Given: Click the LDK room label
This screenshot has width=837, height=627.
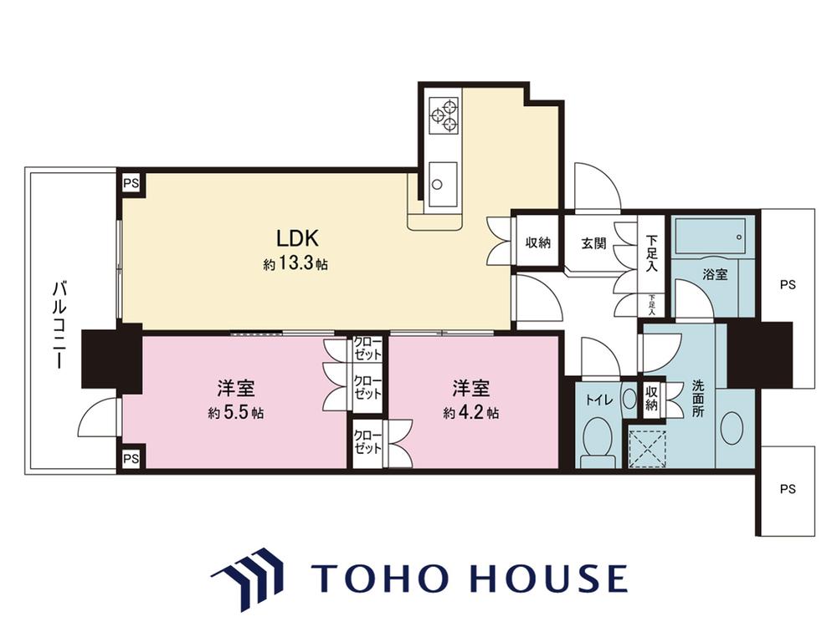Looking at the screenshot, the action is pos(297,237).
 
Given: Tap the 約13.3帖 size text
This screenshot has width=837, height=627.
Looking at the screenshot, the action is pos(295,264).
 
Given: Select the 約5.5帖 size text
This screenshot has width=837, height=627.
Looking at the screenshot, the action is pos(235,413).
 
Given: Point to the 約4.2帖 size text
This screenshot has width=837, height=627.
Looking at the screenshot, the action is pos(470,413).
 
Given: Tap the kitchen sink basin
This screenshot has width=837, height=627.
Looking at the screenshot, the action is pos(443,183).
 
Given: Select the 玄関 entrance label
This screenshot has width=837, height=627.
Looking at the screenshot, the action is pos(593,243).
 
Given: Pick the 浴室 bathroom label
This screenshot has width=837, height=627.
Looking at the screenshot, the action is pos(715,274).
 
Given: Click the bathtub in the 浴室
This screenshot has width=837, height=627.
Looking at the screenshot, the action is pos(711,235).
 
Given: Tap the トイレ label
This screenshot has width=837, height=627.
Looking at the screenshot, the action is pos(599,400).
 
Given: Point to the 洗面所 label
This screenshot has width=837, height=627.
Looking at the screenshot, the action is pos(698,398).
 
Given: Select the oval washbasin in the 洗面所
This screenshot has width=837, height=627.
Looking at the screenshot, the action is pos(732,427).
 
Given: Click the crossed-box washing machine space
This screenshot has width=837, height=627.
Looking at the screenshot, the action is pos(647,448).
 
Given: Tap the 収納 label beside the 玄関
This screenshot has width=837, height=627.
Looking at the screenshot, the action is pos(537,242).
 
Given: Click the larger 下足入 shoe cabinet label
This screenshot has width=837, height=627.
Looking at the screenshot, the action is pos(651,252).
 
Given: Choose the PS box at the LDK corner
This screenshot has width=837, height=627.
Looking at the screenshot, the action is pos(131,183).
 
